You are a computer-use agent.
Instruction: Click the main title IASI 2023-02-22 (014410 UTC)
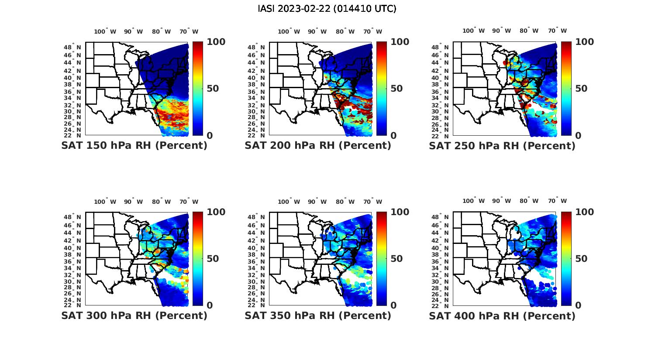pyautogui.click(x=327, y=9)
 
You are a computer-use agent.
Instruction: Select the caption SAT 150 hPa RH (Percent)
pyautogui.click(x=134, y=146)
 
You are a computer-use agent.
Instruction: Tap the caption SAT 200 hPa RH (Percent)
pyautogui.click(x=318, y=146)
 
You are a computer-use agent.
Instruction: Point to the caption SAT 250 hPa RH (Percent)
pyautogui.click(x=502, y=146)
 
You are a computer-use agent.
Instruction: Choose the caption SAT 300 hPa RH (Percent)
pyautogui.click(x=134, y=315)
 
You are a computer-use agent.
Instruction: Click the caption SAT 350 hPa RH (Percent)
pyautogui.click(x=318, y=315)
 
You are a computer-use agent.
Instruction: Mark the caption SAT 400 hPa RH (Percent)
pyautogui.click(x=502, y=315)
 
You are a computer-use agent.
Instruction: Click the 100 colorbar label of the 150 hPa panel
pyautogui.click(x=216, y=42)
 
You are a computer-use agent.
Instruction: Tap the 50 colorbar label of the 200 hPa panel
pyautogui.click(x=396, y=89)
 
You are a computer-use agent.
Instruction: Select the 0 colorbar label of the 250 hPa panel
pyautogui.click(x=578, y=135)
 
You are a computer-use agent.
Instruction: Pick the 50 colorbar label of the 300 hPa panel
pyautogui.click(x=212, y=259)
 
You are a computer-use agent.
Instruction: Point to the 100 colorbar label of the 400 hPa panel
pyautogui.click(x=585, y=212)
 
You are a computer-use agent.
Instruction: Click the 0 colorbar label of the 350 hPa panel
pyautogui.click(x=394, y=305)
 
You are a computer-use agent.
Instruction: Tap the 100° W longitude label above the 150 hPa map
pyautogui.click(x=105, y=31)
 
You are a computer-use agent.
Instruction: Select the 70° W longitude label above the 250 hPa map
pyautogui.click(x=558, y=31)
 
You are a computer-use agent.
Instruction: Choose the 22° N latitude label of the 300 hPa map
pyautogui.click(x=72, y=305)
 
